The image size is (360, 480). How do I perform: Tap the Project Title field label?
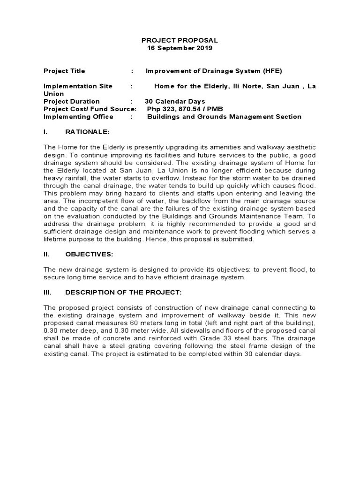click(x=64, y=71)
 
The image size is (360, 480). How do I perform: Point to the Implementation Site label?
click(x=78, y=86)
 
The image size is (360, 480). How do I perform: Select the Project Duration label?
click(x=71, y=101)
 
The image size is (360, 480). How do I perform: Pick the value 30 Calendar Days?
click(x=174, y=101)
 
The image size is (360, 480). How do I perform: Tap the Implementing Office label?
click(x=78, y=117)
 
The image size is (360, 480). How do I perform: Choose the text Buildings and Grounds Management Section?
click(x=224, y=117)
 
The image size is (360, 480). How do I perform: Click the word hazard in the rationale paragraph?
click(x=150, y=193)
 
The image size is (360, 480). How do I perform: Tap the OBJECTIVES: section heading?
click(x=89, y=255)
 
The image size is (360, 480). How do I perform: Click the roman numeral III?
click(x=48, y=292)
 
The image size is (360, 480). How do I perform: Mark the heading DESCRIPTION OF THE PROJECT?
click(x=123, y=292)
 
